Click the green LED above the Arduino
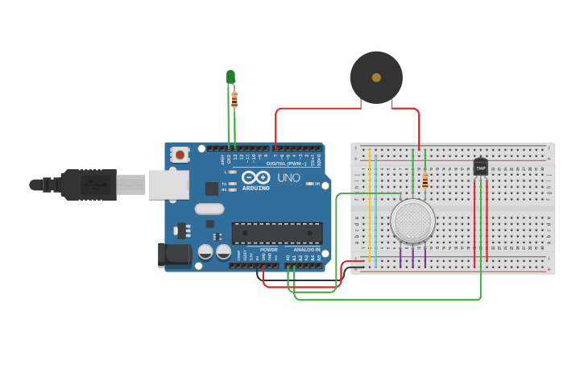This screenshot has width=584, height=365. (230, 77)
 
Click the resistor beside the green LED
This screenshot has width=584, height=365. (234, 99)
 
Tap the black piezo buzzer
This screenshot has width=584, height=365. (376, 77)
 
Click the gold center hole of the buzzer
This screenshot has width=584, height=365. (376, 77)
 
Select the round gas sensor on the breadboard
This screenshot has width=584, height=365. (412, 220)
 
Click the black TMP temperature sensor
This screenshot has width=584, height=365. (481, 167)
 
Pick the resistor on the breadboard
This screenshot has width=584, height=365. (425, 182)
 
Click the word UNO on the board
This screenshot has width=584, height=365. (288, 177)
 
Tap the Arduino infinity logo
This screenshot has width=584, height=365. (256, 177)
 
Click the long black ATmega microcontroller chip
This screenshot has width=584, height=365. (277, 233)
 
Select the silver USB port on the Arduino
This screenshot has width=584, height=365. (168, 185)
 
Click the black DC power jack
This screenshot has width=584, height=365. (174, 255)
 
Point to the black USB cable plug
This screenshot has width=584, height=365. (89, 185)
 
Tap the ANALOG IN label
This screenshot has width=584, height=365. (305, 250)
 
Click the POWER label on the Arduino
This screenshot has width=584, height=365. (268, 250)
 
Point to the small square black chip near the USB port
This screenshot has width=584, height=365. (212, 189)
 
